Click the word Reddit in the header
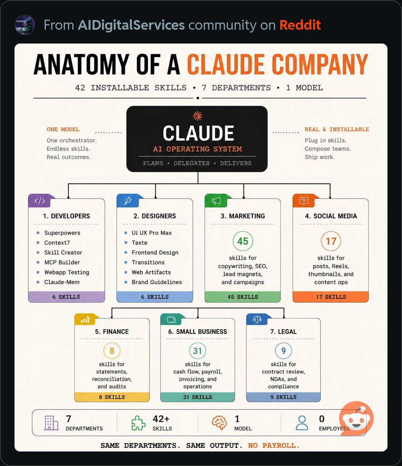[300, 25]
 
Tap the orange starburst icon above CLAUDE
[197, 116]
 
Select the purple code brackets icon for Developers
[40, 201]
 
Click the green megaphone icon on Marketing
[216, 201]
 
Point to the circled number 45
[242, 241]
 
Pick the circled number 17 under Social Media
[331, 241]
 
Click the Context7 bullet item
[57, 242]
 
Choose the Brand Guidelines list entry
[157, 282]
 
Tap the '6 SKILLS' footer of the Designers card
[155, 297]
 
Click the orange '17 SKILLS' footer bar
[331, 297]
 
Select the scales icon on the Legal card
[257, 319]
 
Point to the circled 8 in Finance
[112, 351]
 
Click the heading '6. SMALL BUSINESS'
[198, 332]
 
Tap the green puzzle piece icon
[138, 423]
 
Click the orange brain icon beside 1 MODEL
[219, 423]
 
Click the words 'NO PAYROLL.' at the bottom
[274, 446]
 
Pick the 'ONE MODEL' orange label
[63, 130]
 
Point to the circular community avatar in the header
[25, 25]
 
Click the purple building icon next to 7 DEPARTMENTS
[51, 423]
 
